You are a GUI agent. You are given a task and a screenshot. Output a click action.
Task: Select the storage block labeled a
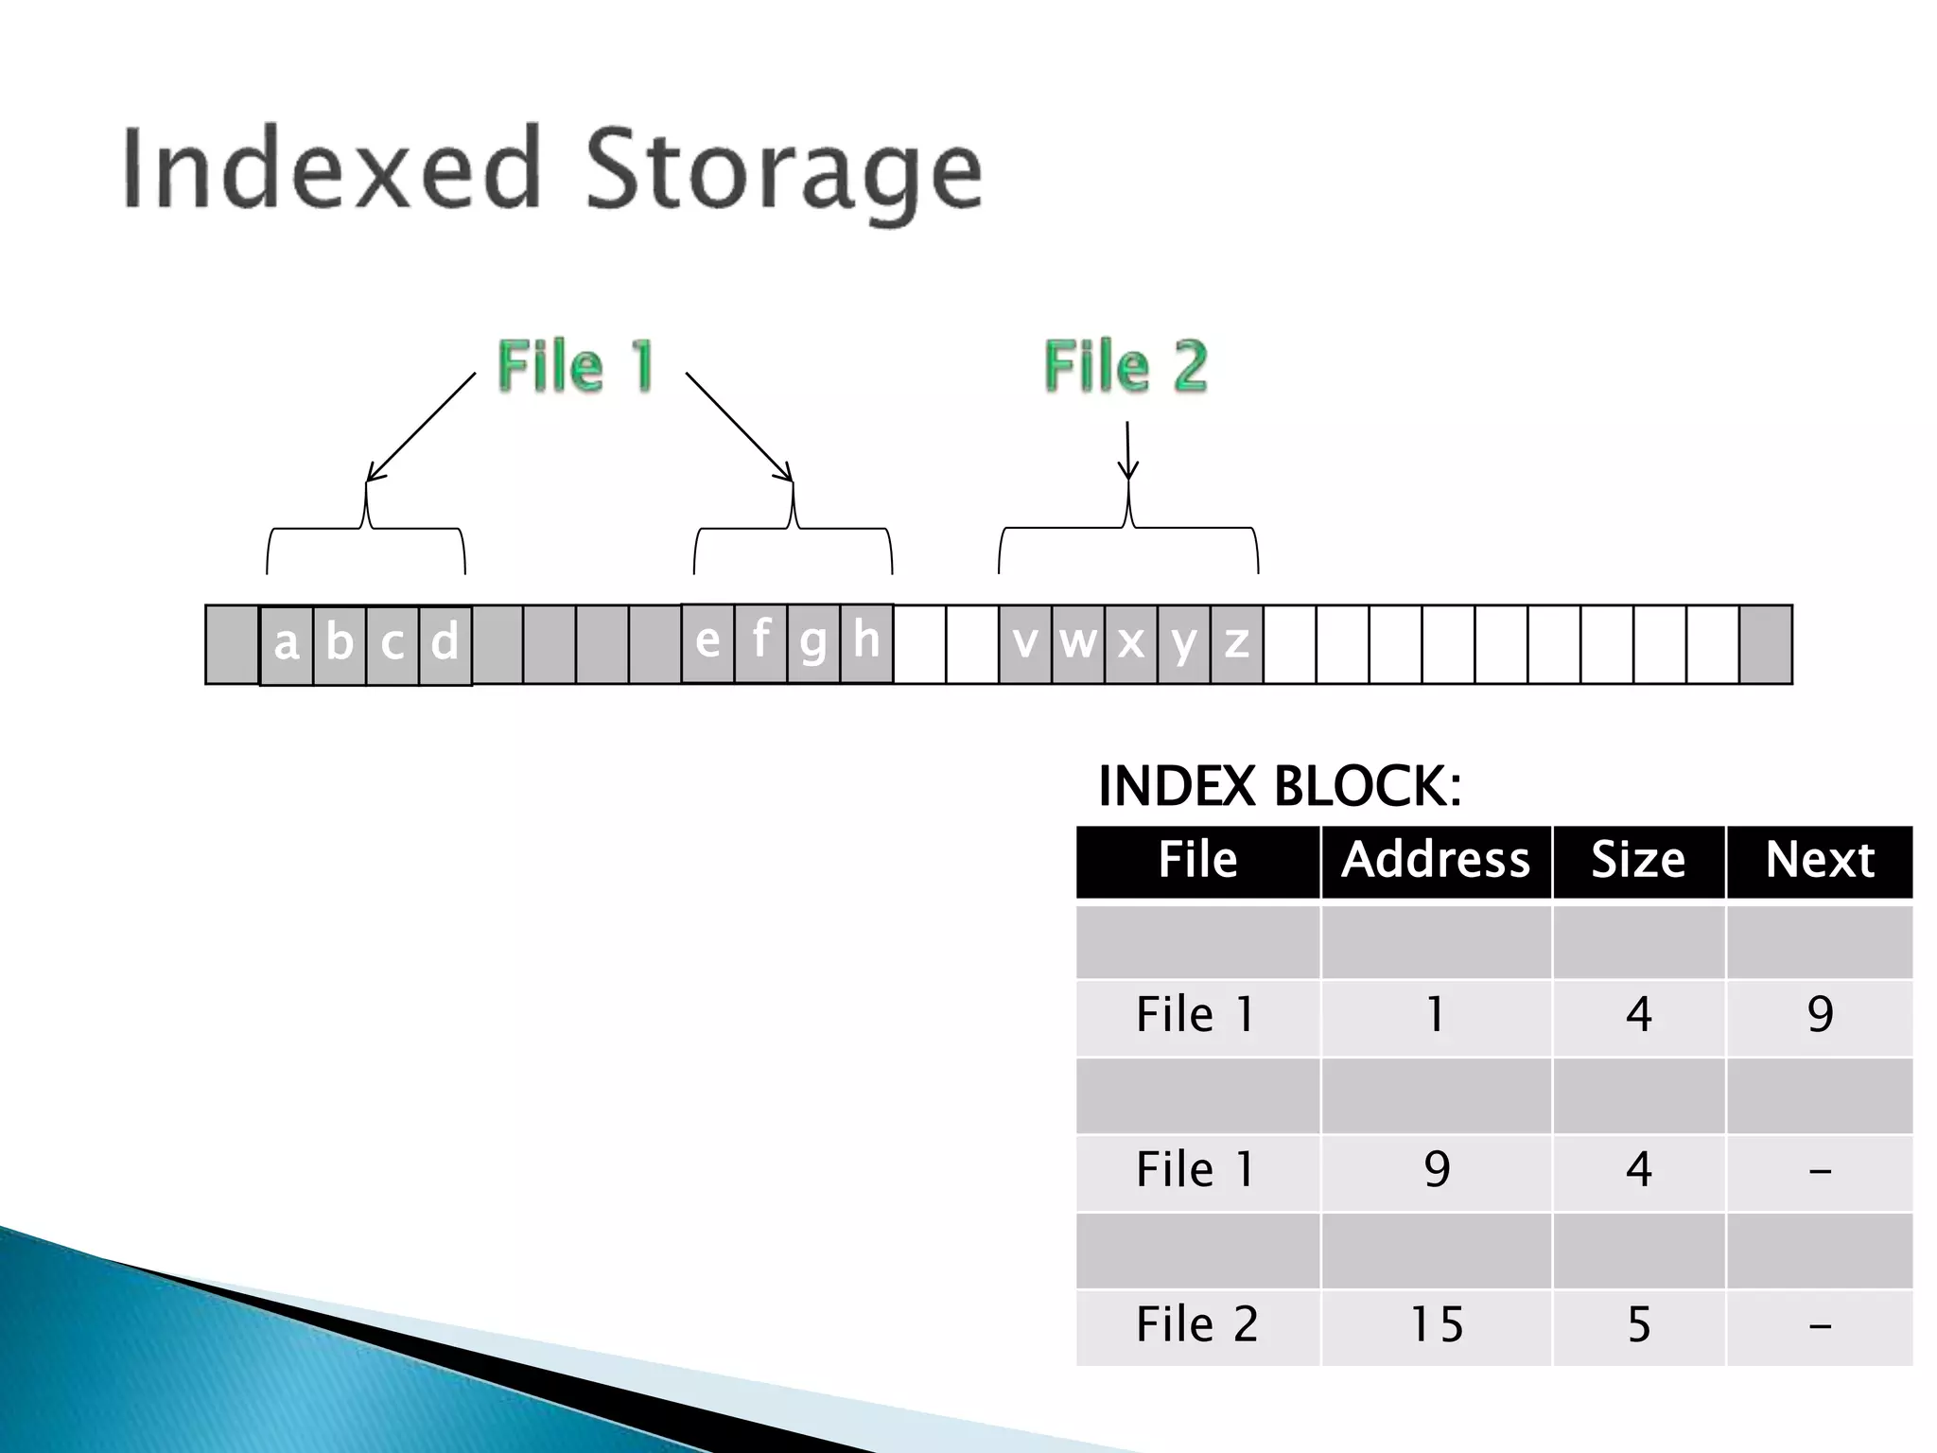click(287, 644)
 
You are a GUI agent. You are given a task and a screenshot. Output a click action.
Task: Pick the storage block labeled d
click(445, 644)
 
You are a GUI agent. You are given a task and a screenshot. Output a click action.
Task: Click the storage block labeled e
click(707, 643)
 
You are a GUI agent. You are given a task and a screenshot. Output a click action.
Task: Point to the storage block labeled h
click(866, 643)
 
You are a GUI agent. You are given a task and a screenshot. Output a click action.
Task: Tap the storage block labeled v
click(1024, 644)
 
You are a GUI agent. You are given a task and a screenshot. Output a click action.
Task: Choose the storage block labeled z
click(1236, 644)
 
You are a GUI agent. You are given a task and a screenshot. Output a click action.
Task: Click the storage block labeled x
click(1130, 644)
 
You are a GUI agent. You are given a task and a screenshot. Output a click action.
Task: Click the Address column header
click(1436, 861)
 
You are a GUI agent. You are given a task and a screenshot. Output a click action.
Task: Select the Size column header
click(1638, 861)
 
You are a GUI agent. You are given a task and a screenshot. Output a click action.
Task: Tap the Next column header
click(1819, 861)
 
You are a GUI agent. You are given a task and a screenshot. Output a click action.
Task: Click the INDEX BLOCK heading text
click(1279, 787)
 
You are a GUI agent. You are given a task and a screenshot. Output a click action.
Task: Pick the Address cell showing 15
click(1436, 1325)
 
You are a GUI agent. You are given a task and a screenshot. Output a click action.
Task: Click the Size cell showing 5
click(1638, 1325)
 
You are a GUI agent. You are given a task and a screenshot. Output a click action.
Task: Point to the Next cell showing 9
click(1819, 1016)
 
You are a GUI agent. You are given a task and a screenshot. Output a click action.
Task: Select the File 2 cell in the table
click(1196, 1325)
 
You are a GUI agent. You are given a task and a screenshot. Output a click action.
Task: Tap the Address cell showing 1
click(1436, 1016)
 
